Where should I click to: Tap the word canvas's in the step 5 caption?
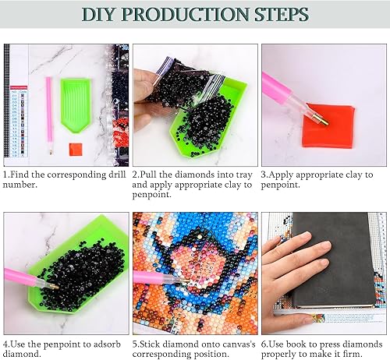(x=226, y=344)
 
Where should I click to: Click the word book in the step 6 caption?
(x=299, y=344)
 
